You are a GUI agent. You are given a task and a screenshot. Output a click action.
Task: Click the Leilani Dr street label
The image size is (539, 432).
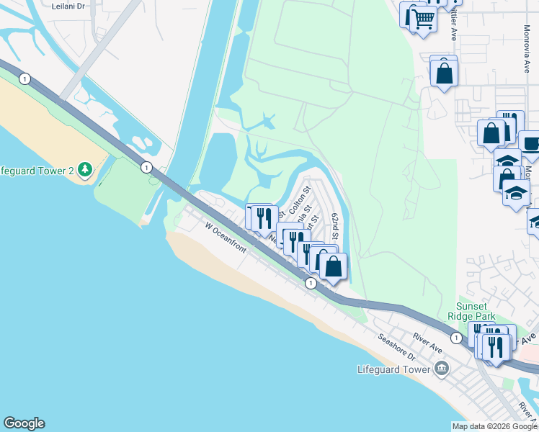coord(68,5)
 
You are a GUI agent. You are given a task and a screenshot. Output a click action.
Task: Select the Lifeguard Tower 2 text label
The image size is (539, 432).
coord(37,170)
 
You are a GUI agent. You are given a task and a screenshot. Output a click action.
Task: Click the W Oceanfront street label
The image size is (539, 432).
coord(226,238)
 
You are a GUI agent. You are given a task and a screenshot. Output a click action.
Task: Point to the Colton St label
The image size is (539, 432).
coord(298,202)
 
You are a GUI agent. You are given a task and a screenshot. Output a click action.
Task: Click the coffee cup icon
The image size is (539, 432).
coord(531,143)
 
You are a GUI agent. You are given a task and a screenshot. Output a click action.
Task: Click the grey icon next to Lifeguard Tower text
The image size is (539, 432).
coord(442,370)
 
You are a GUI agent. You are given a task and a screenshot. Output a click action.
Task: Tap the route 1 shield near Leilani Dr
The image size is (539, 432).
coord(25,78)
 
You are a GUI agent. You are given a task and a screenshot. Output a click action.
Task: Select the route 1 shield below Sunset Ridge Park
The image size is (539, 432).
coord(456,338)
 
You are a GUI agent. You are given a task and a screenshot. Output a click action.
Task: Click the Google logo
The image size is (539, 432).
coord(24,423)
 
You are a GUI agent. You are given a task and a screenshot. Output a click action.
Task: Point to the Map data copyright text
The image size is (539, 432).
coord(494,426)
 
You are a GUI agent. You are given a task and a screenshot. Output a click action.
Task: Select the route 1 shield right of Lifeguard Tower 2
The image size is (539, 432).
coord(146,167)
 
